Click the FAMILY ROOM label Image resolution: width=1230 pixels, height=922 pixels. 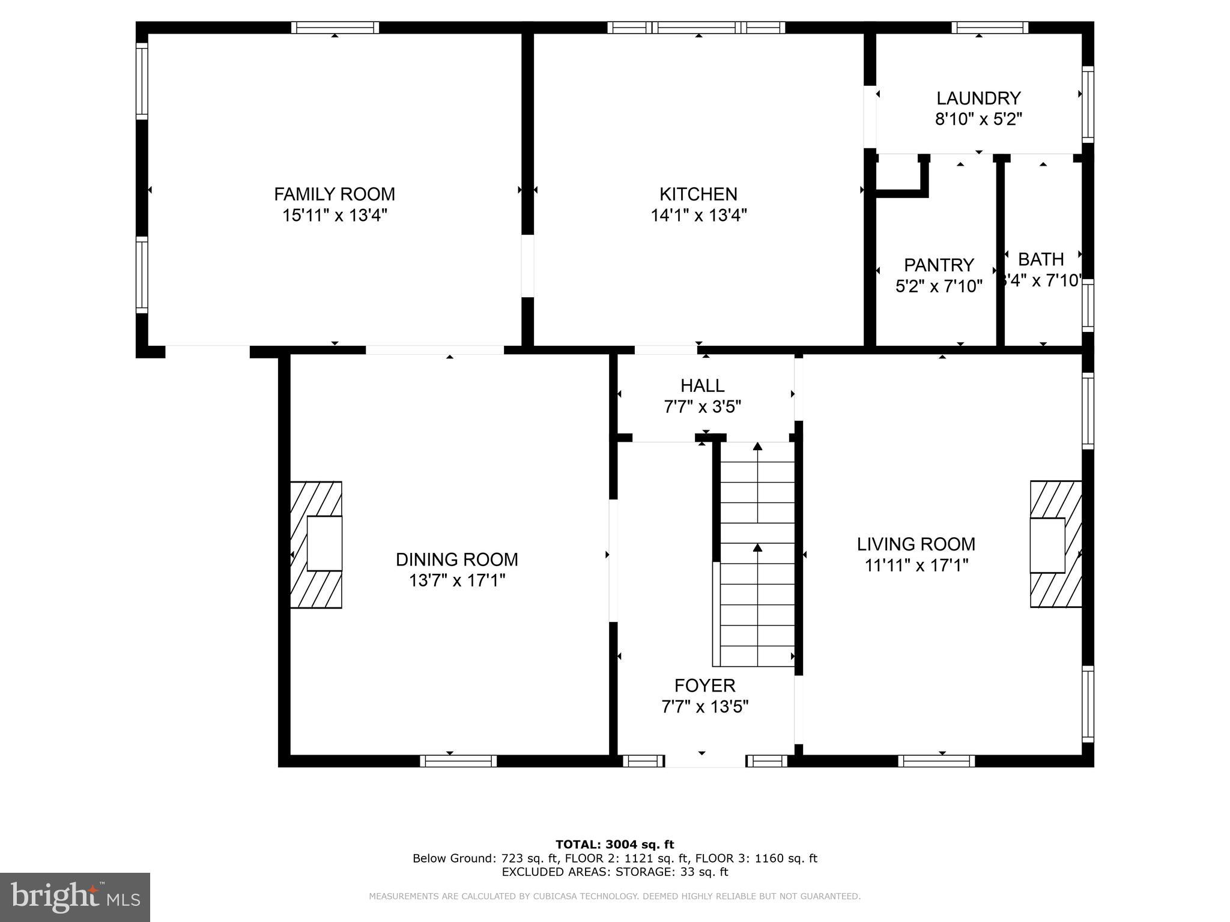point(335,194)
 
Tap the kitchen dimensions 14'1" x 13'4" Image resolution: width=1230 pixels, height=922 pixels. point(698,215)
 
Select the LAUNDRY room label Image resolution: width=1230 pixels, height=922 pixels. point(978,98)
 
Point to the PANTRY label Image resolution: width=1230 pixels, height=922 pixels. point(939,265)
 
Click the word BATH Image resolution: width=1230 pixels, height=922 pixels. point(1041,259)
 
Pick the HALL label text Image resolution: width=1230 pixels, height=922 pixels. point(702,385)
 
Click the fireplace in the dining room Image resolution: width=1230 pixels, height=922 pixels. point(317,544)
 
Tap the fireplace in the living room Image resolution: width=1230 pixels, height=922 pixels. point(1055,544)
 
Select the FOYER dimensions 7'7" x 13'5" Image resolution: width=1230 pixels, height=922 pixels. point(704,707)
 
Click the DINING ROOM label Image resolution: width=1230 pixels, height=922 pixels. point(456,559)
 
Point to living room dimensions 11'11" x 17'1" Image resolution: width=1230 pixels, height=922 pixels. point(916,565)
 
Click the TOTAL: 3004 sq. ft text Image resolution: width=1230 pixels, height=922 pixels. point(614,845)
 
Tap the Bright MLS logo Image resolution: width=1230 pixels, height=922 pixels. point(75,897)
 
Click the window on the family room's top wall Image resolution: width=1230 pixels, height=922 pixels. point(335,28)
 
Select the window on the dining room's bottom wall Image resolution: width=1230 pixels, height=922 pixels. point(458,761)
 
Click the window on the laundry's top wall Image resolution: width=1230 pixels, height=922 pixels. point(990,28)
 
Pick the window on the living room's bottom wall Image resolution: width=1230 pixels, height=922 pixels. point(936,761)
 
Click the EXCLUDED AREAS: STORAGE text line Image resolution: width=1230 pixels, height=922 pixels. point(614,872)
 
